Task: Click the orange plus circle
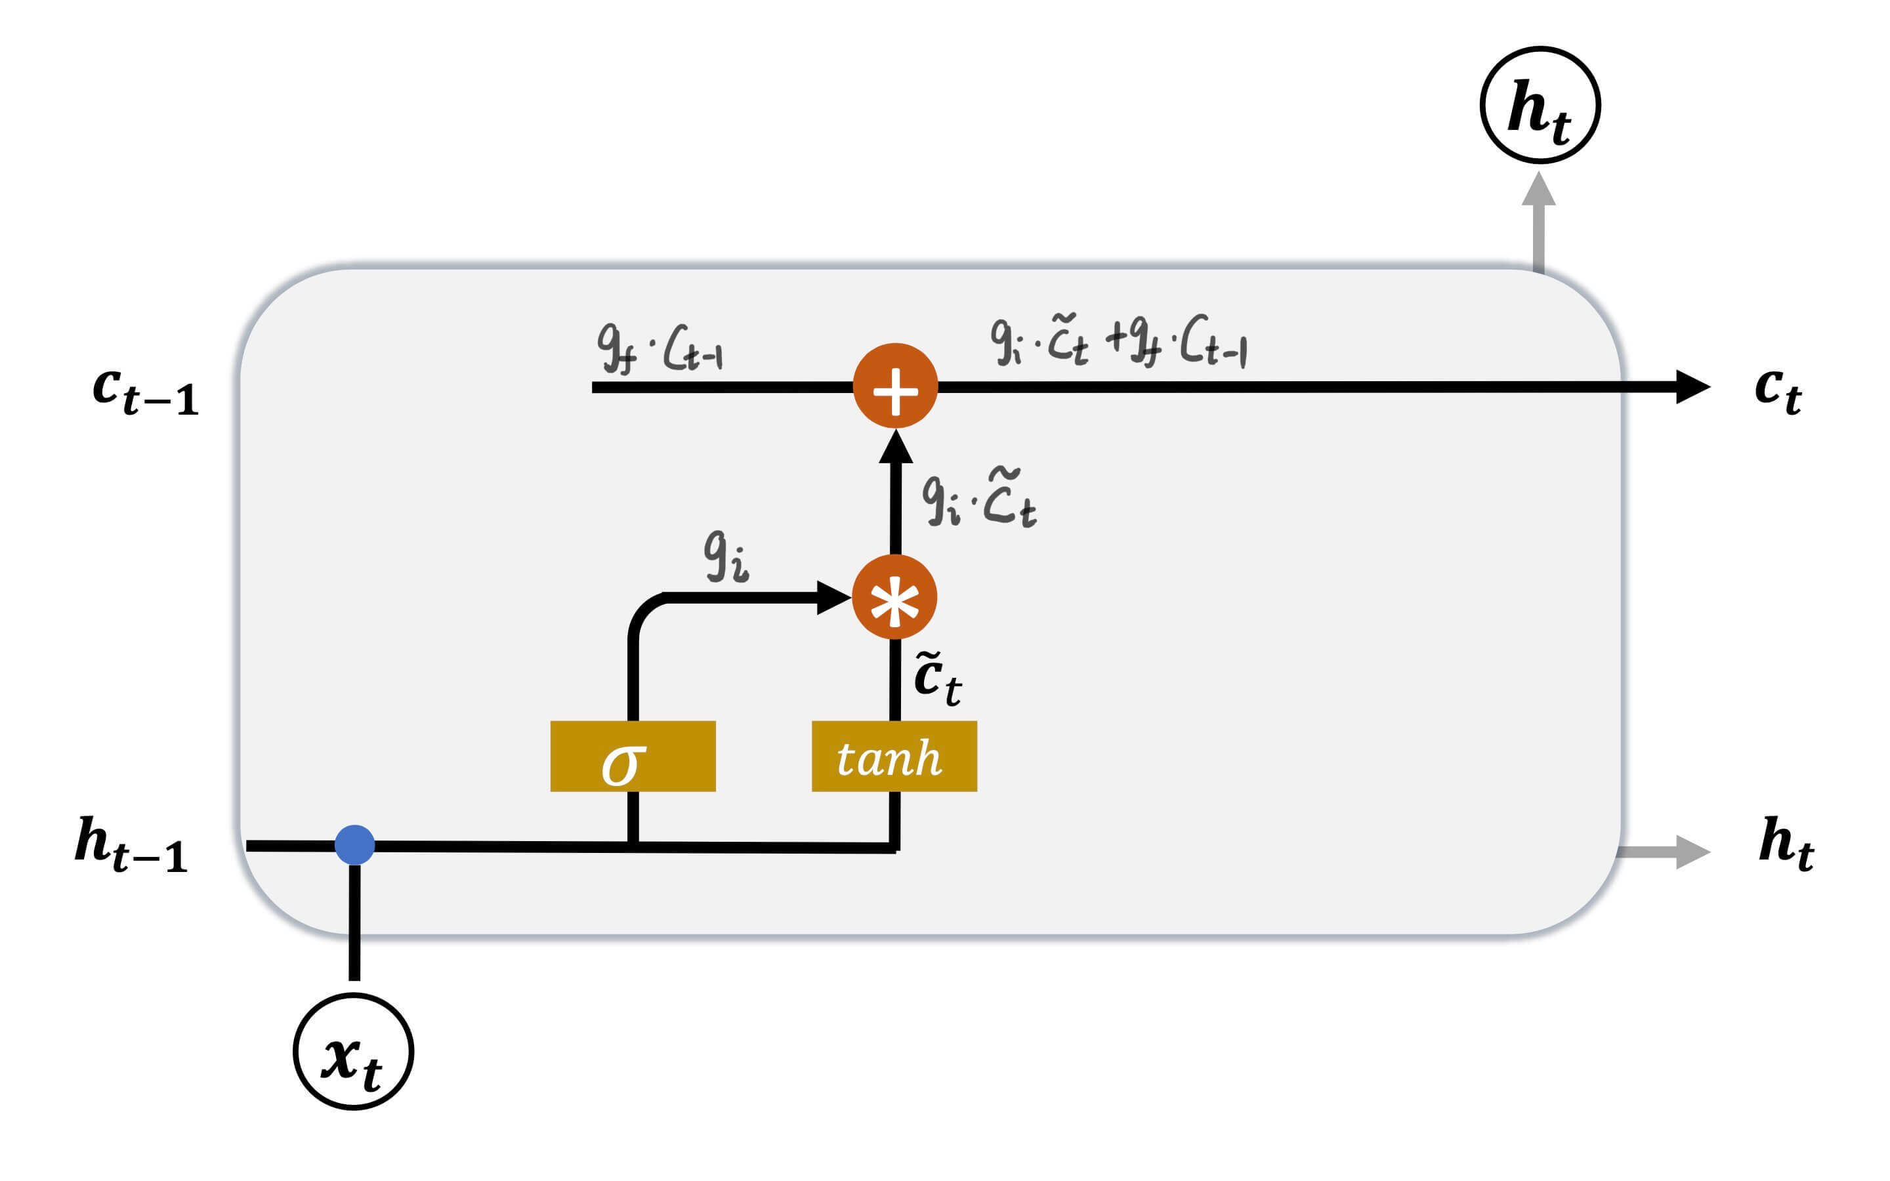pos(895,386)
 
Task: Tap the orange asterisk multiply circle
pos(894,598)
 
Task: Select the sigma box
pos(633,756)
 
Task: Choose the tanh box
pos(894,756)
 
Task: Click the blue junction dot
pos(354,845)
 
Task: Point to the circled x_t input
pos(353,1051)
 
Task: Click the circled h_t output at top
pos(1540,106)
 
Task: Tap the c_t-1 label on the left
pos(145,390)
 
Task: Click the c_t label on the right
pos(1778,390)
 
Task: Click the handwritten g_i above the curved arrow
pos(726,556)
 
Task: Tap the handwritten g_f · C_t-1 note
pos(661,348)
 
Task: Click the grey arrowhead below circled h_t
pos(1538,190)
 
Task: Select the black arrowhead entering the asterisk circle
pos(833,598)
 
